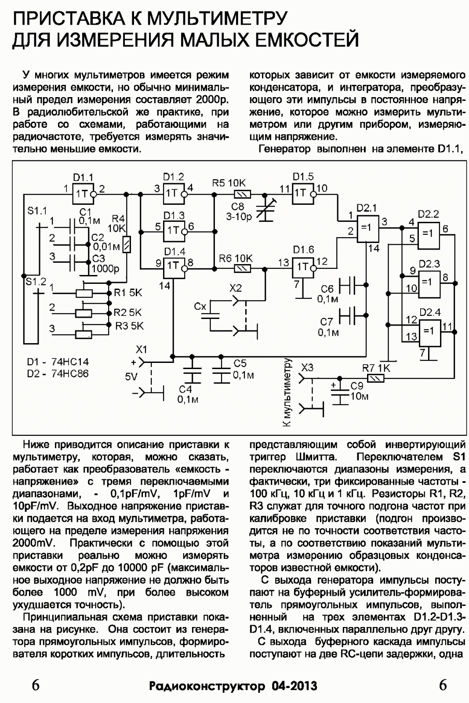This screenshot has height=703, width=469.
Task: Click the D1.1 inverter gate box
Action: click(x=83, y=194)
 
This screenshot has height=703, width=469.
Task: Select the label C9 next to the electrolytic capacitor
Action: click(x=357, y=385)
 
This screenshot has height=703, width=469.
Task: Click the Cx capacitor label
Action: click(x=200, y=306)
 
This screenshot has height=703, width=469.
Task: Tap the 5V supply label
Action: click(x=131, y=377)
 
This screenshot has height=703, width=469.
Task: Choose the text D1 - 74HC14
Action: click(x=58, y=362)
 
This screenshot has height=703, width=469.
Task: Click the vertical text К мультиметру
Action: click(x=287, y=392)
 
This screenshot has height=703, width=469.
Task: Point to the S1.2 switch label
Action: click(x=36, y=282)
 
